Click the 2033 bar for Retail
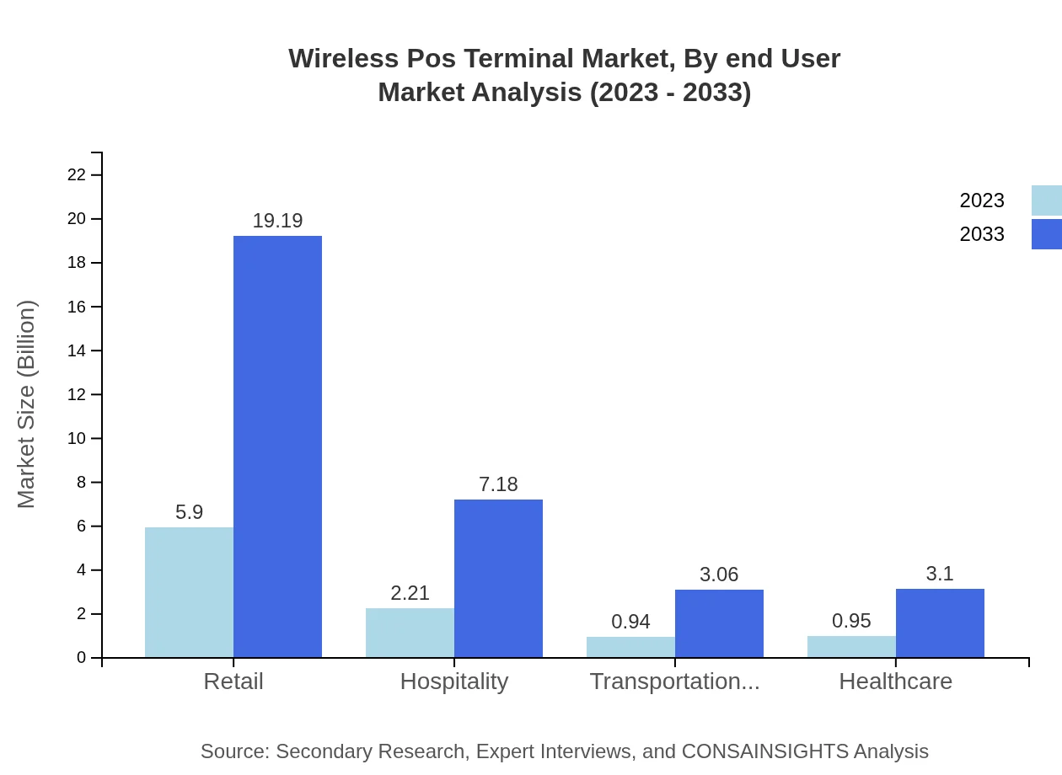point(277,446)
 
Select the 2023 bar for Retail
point(189,592)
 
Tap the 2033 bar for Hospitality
point(498,578)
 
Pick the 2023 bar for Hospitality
point(410,633)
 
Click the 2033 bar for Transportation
point(719,623)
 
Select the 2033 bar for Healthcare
point(940,623)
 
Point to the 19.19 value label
point(277,221)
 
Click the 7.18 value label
point(498,484)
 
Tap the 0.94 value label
point(630,622)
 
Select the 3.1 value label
point(940,574)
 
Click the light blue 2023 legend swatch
point(1046,200)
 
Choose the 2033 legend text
point(982,234)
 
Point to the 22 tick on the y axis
point(77,175)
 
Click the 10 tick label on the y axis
point(77,439)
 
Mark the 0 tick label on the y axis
point(82,658)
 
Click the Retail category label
point(233,681)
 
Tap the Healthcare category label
point(895,681)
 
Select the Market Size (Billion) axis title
point(27,404)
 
